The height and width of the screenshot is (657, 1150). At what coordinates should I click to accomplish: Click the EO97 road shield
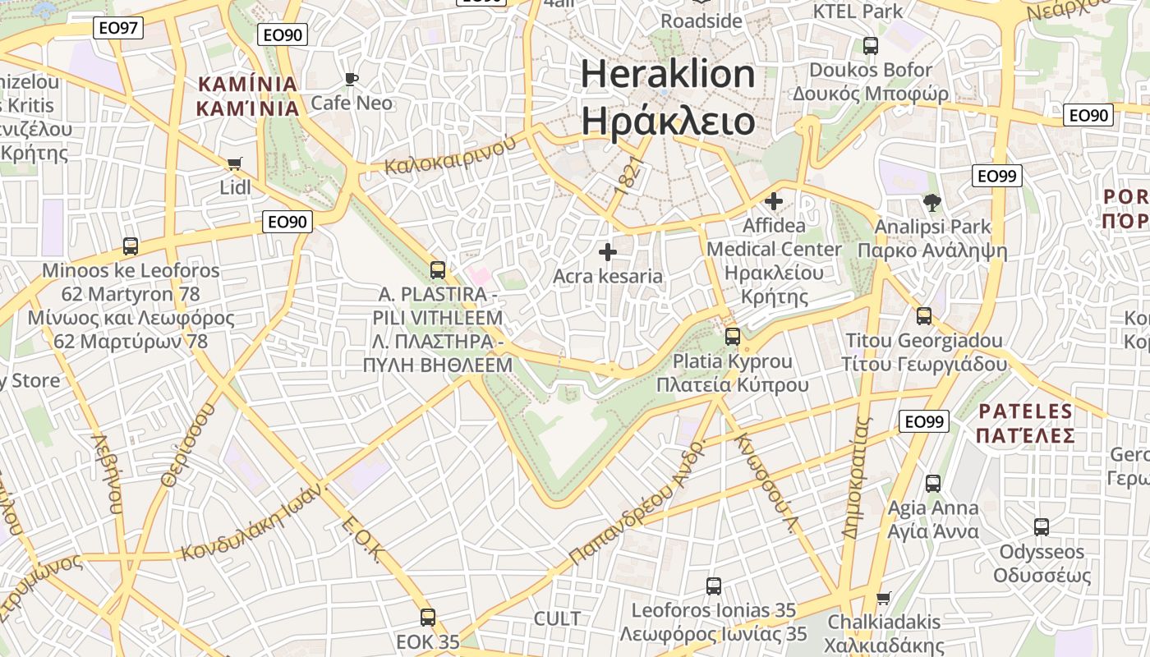click(x=117, y=28)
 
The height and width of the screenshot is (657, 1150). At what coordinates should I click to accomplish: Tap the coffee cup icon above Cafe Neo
click(x=352, y=79)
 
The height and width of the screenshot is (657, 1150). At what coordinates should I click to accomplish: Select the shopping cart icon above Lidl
click(x=235, y=163)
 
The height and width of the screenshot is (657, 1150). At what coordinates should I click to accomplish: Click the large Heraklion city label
click(x=668, y=97)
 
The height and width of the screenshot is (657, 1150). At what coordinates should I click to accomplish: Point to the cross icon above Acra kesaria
click(x=608, y=252)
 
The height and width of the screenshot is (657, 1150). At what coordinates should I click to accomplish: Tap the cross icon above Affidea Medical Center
click(x=773, y=200)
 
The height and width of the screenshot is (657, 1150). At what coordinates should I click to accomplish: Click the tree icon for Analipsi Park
click(x=931, y=202)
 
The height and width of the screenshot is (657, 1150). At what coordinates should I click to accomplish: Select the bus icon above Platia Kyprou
click(x=732, y=337)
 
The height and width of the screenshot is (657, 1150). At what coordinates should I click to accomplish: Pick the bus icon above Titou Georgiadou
click(x=924, y=316)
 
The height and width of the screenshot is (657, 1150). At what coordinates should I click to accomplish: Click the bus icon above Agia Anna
click(x=933, y=484)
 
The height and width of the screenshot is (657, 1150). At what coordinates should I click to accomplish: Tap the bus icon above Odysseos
click(x=1042, y=527)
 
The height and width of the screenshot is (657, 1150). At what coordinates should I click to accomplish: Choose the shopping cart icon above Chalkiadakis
click(x=884, y=597)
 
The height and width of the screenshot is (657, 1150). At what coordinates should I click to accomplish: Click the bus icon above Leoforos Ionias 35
click(x=714, y=586)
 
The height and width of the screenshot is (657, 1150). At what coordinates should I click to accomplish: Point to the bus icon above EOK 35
click(x=427, y=618)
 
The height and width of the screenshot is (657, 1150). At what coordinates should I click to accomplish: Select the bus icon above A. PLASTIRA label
click(x=438, y=270)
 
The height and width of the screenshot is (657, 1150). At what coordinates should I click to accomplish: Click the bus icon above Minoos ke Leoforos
click(x=130, y=246)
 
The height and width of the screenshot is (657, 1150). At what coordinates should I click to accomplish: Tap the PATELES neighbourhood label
click(x=1026, y=423)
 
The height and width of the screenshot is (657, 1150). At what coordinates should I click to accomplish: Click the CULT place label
click(x=557, y=619)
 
